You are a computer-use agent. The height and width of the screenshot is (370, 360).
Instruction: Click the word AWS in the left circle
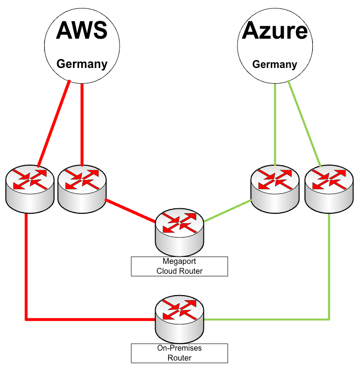(82, 31)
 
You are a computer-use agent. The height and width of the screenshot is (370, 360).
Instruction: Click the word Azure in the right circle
(275, 31)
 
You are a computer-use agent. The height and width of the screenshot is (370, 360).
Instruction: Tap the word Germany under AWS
(82, 63)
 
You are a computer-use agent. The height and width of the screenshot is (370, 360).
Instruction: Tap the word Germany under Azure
(275, 64)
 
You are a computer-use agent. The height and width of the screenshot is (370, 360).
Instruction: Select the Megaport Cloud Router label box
(180, 266)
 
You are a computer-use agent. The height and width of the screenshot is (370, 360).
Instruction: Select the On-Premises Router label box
(180, 353)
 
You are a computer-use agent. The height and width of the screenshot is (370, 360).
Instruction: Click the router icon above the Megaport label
(180, 231)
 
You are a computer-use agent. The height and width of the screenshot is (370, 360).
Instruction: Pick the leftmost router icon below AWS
(30, 189)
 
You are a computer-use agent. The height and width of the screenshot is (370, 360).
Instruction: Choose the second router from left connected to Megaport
(82, 187)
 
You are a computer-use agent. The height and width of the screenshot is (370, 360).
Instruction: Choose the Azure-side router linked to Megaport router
(275, 187)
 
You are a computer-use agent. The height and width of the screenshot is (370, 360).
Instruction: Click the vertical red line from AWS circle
(82, 124)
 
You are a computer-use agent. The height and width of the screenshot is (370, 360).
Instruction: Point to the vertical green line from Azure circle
(275, 124)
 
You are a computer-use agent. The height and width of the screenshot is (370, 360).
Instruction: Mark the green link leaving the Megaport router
(228, 210)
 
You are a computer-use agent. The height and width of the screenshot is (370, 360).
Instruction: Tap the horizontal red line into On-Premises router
(89, 319)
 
